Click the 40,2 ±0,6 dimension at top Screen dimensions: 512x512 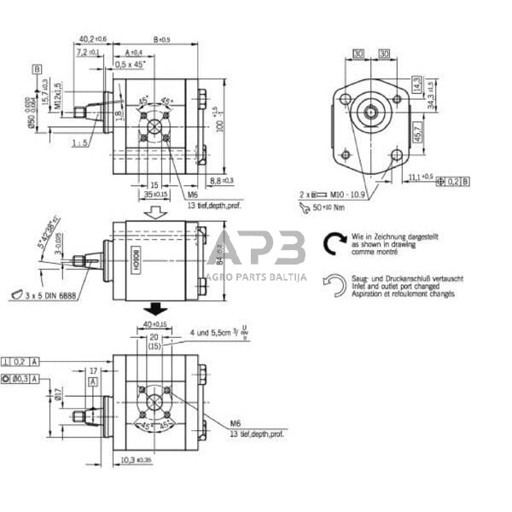coord(93,39)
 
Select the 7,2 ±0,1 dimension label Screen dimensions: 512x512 coord(87,53)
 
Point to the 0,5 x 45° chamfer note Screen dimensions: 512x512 coord(131,65)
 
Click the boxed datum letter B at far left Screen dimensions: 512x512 coord(37,67)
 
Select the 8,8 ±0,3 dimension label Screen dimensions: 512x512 coord(221,181)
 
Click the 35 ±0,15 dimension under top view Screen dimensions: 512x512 coord(155,195)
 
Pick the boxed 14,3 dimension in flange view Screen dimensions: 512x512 coord(416,85)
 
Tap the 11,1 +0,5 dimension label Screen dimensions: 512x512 coord(421,176)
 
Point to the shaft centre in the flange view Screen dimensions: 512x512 coord(371,110)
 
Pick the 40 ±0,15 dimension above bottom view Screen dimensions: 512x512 coord(155,325)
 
